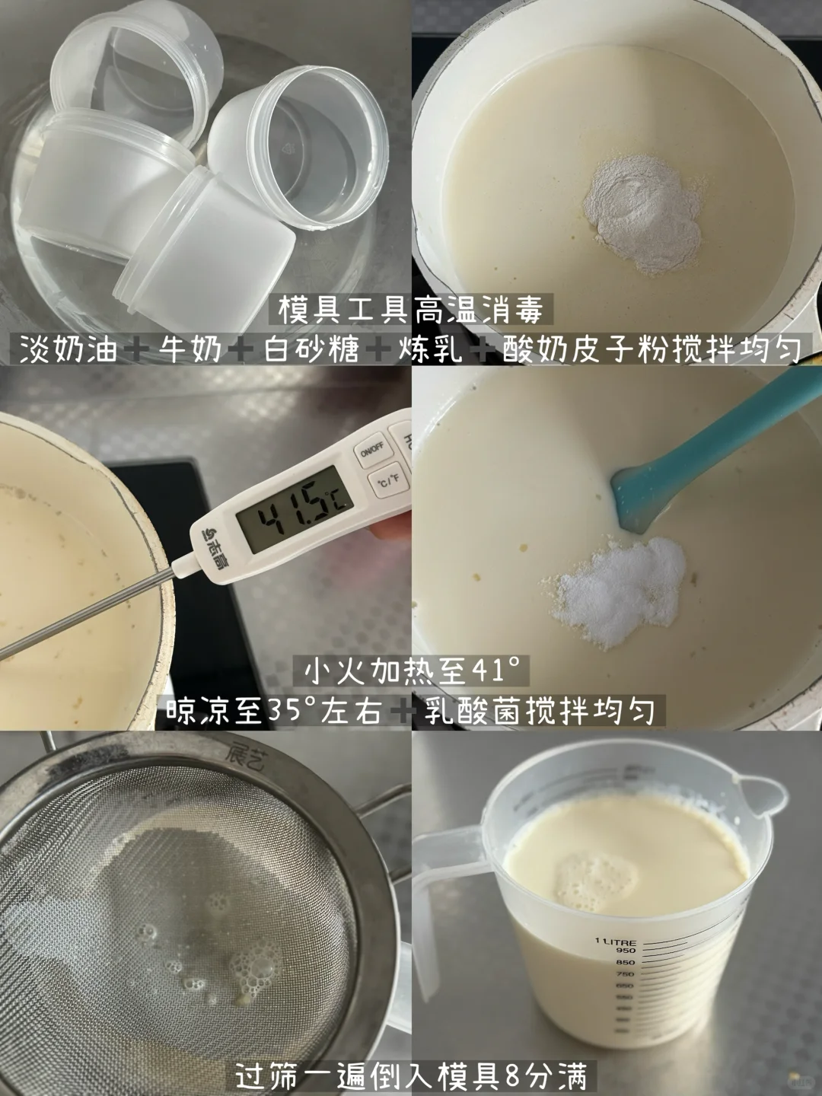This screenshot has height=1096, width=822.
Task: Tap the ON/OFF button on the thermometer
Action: pos(370,450)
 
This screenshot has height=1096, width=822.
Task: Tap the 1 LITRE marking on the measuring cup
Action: pos(615,941)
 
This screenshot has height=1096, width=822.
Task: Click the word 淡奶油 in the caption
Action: pos(68,349)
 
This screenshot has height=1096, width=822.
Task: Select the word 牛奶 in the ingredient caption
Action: pos(190,349)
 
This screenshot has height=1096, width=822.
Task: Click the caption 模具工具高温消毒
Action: pos(411,310)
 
